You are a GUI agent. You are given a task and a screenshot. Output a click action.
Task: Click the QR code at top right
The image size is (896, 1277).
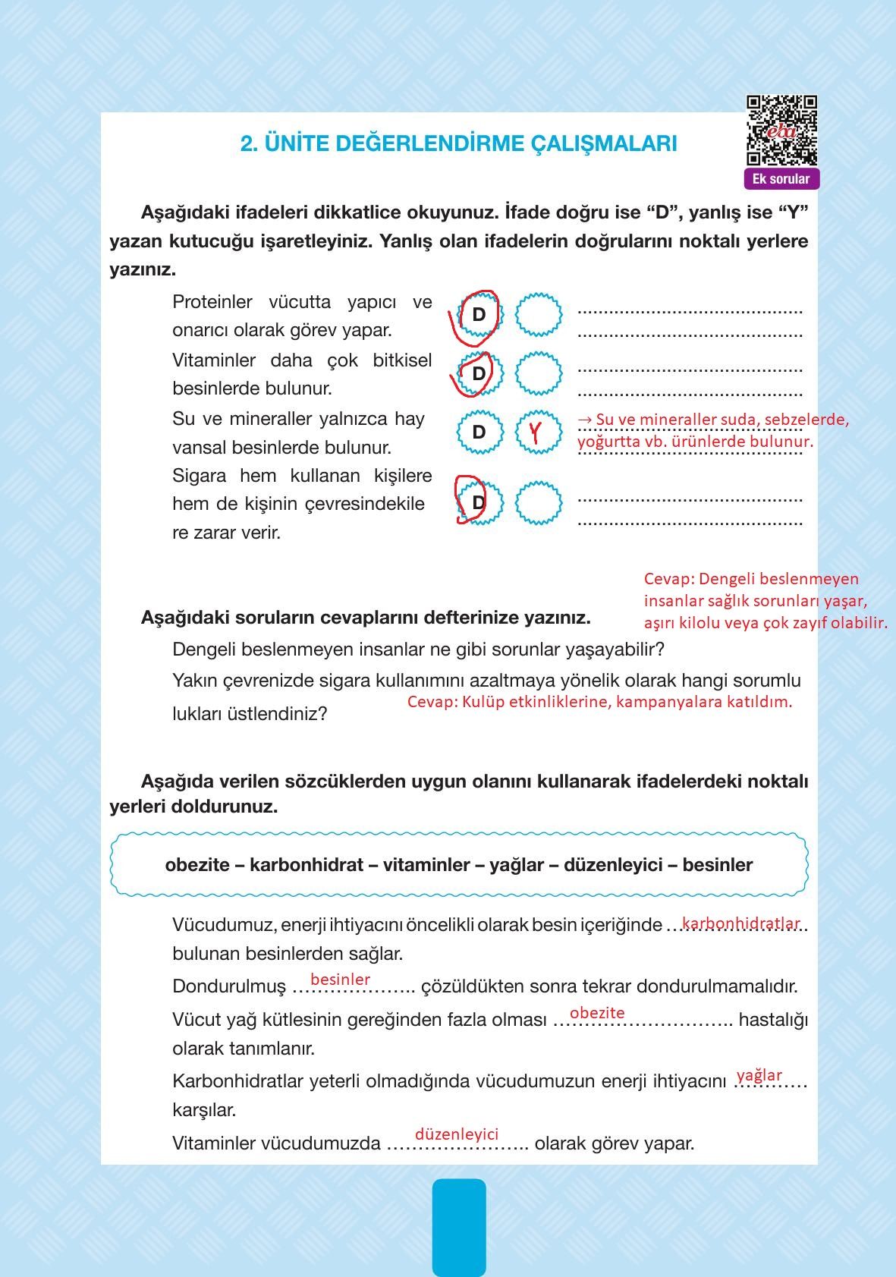pyautogui.click(x=781, y=130)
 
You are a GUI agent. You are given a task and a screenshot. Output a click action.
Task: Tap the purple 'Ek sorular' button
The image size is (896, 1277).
pyautogui.click(x=781, y=180)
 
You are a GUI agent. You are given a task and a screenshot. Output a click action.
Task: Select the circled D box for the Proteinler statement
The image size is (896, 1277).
pyautogui.click(x=478, y=314)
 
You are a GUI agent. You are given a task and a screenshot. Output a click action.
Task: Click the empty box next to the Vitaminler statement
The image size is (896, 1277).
pyautogui.click(x=539, y=373)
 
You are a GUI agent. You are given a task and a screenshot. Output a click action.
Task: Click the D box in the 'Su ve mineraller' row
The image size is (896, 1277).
pyautogui.click(x=479, y=432)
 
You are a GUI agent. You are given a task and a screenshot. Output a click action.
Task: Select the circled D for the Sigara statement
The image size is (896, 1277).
pyautogui.click(x=477, y=502)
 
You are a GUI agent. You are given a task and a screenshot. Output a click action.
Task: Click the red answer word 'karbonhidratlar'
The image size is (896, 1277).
pyautogui.click(x=740, y=923)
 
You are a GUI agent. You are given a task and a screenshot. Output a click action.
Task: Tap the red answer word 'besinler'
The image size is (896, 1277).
pyautogui.click(x=340, y=980)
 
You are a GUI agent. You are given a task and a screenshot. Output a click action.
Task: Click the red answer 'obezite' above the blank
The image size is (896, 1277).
pyautogui.click(x=597, y=1013)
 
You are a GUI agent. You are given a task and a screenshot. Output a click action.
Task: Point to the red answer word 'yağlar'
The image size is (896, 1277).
pyautogui.click(x=759, y=1075)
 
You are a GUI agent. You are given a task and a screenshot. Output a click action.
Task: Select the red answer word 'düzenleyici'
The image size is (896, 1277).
pyautogui.click(x=457, y=1134)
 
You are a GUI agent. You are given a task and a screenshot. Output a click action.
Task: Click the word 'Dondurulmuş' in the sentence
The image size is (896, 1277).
pyautogui.click(x=228, y=986)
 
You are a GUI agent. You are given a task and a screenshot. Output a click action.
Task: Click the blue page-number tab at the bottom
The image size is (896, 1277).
pyautogui.click(x=459, y=1225)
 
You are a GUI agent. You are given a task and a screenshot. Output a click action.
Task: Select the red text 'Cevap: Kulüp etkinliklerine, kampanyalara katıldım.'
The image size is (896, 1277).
pyautogui.click(x=599, y=702)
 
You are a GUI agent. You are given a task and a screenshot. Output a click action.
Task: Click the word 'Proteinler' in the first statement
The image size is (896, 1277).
pyautogui.click(x=212, y=302)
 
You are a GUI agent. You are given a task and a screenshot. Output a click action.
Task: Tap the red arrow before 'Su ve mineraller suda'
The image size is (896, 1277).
pyautogui.click(x=585, y=420)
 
